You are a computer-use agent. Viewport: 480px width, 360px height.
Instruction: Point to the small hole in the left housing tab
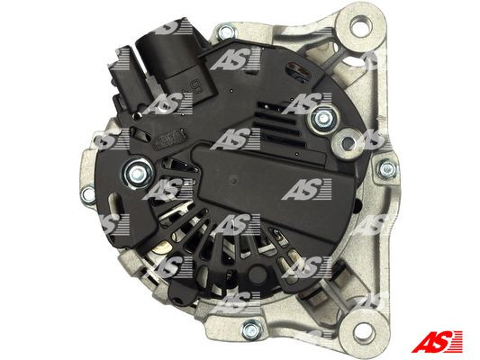click(87, 194)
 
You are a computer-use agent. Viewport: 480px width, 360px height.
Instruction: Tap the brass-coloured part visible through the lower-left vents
click(161, 248)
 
